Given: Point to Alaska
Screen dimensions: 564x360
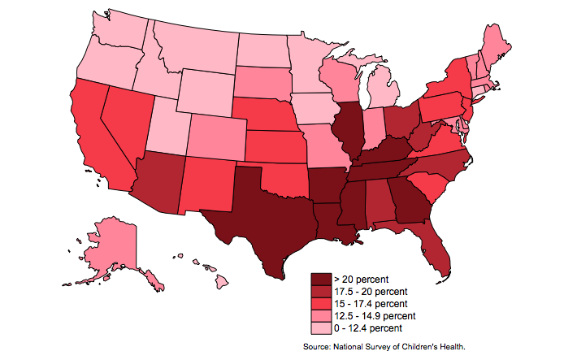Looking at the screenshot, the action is coord(111,248).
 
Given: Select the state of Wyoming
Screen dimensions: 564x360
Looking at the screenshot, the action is coord(206,93).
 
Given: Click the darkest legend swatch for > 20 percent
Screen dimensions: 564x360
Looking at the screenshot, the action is coord(321,280).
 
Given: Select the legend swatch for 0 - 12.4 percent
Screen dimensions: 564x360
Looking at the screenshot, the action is coord(321,328).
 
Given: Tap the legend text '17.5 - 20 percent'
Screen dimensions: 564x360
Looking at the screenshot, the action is coord(371,292).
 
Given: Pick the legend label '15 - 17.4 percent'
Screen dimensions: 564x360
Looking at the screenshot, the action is coord(371,304).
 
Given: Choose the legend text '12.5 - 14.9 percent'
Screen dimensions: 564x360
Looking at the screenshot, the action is coord(375,316).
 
